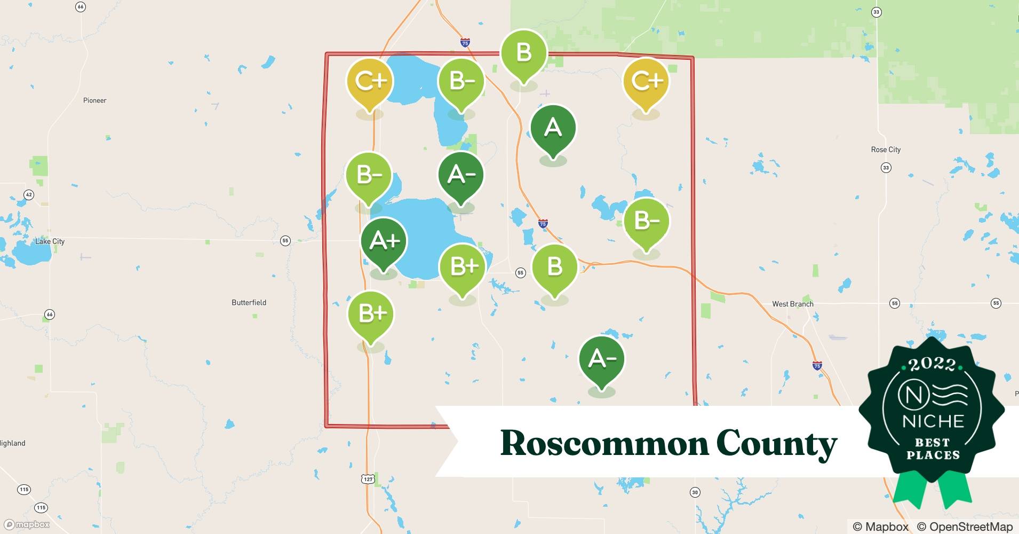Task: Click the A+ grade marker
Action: [384, 241]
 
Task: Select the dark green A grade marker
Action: [553, 128]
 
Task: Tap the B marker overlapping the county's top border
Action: [523, 53]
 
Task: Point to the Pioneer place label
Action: [95, 100]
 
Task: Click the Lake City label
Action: [50, 241]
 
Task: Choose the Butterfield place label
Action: [249, 302]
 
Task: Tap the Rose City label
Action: [886, 150]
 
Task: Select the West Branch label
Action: [793, 304]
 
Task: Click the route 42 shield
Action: [29, 195]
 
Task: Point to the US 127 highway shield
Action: [368, 479]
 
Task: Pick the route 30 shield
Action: [695, 492]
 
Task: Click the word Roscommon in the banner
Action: [605, 443]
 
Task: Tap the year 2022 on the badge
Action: [932, 364]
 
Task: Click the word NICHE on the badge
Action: [933, 421]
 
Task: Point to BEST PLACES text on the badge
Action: [933, 449]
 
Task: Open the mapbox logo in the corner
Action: [27, 524]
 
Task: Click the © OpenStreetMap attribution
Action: [965, 527]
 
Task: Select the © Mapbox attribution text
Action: [881, 527]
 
